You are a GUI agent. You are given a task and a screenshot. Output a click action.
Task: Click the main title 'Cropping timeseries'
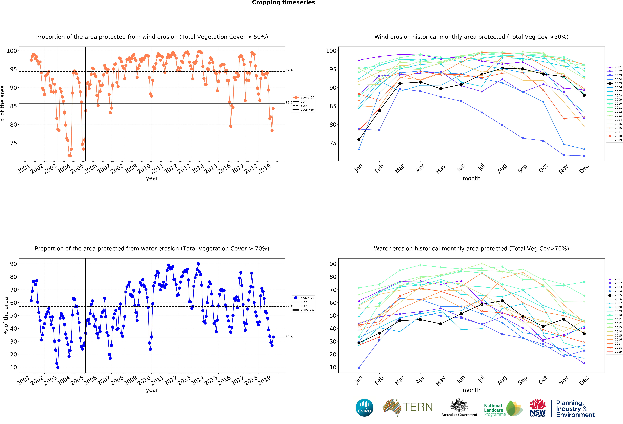[283, 3]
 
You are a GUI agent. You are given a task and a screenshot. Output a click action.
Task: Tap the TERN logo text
[418, 407]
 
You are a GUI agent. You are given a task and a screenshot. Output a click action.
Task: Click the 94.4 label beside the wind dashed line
[289, 70]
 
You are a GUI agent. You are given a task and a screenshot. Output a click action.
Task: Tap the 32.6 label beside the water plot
[289, 337]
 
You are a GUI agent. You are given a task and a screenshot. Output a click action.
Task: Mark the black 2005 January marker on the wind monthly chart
[359, 140]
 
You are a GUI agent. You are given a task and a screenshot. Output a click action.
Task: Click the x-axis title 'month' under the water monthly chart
[471, 390]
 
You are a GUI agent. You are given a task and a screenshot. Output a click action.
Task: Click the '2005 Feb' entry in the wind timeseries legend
[307, 110]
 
